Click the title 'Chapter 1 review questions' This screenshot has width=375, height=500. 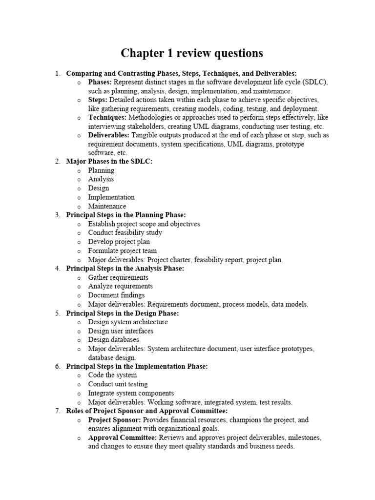coord(192,53)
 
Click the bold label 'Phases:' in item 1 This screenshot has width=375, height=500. coord(100,82)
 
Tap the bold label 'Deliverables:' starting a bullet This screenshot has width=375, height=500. coord(109,135)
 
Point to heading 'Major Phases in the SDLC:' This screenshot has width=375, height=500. coord(109,162)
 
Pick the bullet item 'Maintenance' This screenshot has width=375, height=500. coord(107,206)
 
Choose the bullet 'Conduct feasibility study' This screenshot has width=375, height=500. coord(125,233)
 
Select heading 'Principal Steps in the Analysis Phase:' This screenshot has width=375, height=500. coord(125,269)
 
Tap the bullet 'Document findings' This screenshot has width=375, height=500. coord(116,295)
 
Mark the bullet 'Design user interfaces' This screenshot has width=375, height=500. coord(121,331)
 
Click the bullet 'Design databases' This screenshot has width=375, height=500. coord(113,339)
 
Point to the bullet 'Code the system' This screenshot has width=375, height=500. coord(112,375)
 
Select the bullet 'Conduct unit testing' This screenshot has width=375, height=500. coord(118,384)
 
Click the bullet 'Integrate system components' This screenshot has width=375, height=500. coord(131,393)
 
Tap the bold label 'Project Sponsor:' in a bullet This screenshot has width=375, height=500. coord(115,420)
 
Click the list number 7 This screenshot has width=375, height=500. coord(57,411)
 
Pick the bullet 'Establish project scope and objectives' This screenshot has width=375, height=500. coord(144,224)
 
